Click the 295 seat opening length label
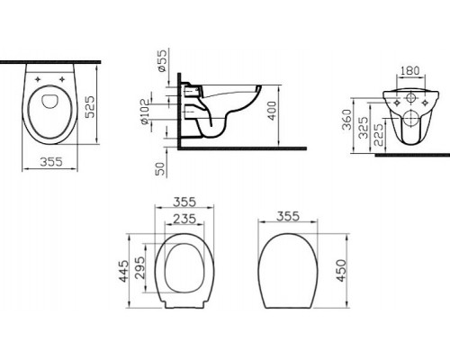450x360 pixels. [x=141, y=270]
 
